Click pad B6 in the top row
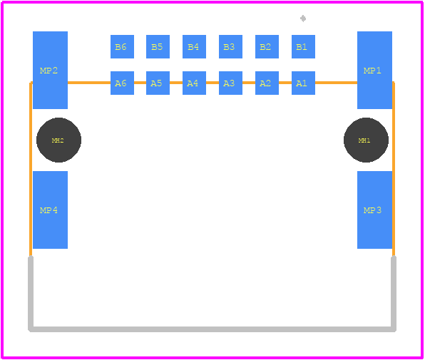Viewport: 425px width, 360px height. point(122,46)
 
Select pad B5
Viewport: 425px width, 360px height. point(158,46)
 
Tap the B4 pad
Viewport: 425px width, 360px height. point(194,46)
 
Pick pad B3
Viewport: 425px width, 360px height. point(230,46)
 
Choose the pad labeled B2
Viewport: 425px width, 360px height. point(267,46)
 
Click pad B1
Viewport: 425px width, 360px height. point(303,46)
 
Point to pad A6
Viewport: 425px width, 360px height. point(122,83)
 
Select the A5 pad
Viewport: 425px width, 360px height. point(158,83)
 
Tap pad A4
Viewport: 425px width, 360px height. point(194,83)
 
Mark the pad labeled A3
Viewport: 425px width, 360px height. point(230,83)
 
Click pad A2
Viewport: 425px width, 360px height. point(267,83)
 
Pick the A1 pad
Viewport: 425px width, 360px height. point(303,83)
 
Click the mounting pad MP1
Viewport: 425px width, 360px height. point(374,70)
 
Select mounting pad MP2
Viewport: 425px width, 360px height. point(50,70)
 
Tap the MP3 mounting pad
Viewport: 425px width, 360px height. point(374,210)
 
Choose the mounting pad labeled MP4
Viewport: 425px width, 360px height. point(50,210)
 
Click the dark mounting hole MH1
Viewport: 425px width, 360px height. point(366,140)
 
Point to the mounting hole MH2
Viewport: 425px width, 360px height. point(58,140)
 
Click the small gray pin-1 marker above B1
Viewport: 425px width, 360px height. point(303,19)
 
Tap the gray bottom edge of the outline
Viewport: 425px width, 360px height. point(212,329)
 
